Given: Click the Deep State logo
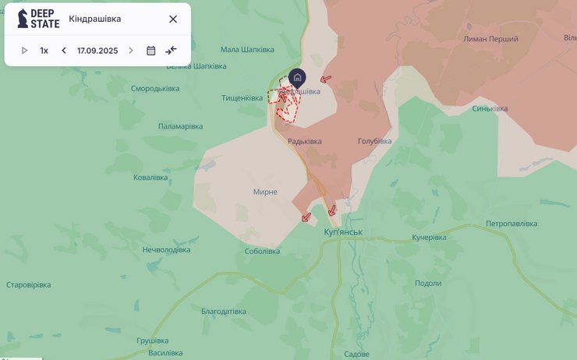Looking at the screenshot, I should tap(38, 19).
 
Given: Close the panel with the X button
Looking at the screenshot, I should tap(173, 19).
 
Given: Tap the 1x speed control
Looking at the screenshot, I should tap(44, 51).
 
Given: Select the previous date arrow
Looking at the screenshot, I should tap(64, 51).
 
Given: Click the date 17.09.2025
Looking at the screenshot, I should tap(97, 51).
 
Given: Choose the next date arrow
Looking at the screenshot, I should tap(131, 51).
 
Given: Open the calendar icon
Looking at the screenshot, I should tap(151, 51).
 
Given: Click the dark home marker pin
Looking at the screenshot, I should tap(297, 77).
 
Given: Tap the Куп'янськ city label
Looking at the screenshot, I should tap(342, 232).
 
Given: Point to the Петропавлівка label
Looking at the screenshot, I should tap(512, 224).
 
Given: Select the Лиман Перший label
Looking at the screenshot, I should tap(490, 38).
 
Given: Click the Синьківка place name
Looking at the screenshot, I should tap(495, 109).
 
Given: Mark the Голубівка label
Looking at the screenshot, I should tap(374, 141).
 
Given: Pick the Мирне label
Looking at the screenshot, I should tap(265, 192).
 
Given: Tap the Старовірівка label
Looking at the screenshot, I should tap(29, 284).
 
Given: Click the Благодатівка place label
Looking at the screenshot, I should tap(223, 312).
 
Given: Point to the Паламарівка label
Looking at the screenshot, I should tap(180, 126).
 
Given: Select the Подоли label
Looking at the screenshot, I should tap(428, 284).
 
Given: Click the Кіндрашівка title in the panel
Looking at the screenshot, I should tap(95, 19).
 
